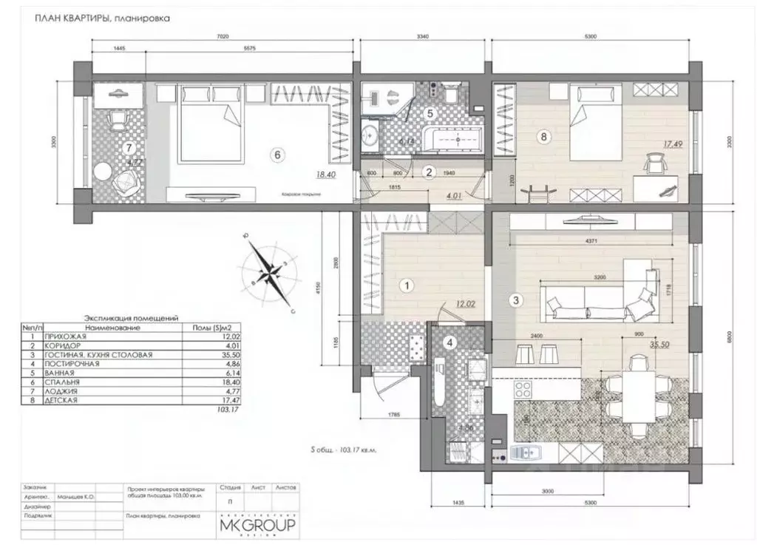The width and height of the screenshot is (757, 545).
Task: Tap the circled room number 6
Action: (x=277, y=155)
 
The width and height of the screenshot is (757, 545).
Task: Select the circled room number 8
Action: (x=544, y=136)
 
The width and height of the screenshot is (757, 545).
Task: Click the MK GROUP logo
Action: (x=257, y=524)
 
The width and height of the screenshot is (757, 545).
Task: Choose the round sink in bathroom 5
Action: (x=371, y=135)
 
